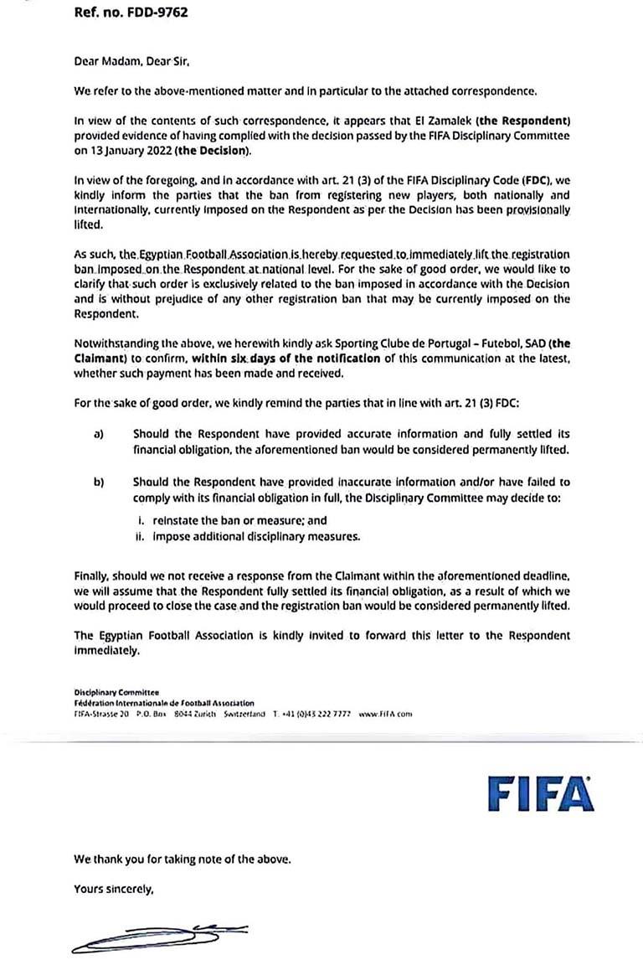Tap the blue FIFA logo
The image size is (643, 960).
(x=540, y=791)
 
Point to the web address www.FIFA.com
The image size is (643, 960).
(x=386, y=714)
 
